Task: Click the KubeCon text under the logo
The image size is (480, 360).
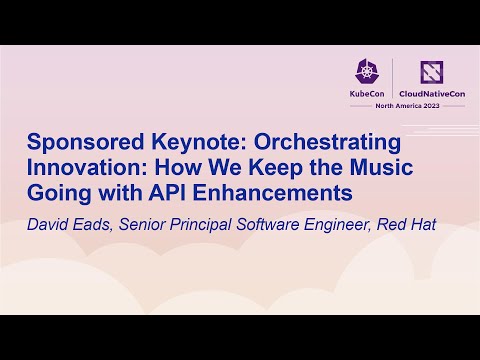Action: [366, 93]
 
